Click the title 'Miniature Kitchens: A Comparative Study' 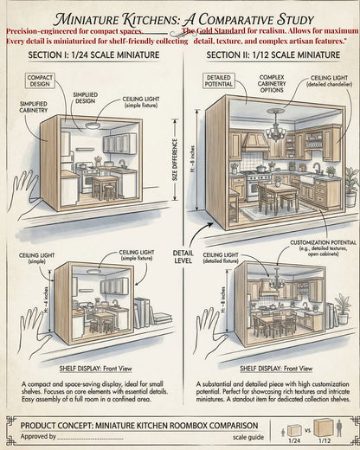coord(181,18)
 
